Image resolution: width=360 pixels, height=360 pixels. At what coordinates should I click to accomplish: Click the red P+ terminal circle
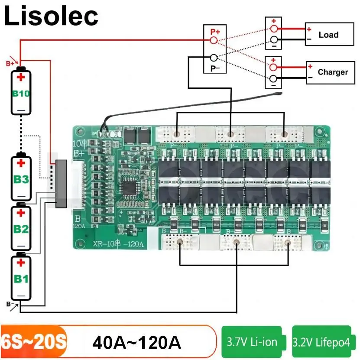coord(213,40)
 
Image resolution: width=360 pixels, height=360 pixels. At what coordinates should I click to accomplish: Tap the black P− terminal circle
coord(213,58)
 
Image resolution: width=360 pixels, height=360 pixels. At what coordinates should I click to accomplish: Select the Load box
coord(328,35)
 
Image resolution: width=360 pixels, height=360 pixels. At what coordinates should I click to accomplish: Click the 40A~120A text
coord(136,343)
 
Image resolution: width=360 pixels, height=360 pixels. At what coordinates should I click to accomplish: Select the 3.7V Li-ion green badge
coord(252,342)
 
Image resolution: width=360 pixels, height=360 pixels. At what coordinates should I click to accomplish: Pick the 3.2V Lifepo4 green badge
coord(321,342)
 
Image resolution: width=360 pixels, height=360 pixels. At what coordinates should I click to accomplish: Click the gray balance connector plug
coord(61,183)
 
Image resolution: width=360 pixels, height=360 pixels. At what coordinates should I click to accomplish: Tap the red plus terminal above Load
coord(273,29)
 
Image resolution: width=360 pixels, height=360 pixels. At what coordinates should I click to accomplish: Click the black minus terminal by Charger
coord(273,78)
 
